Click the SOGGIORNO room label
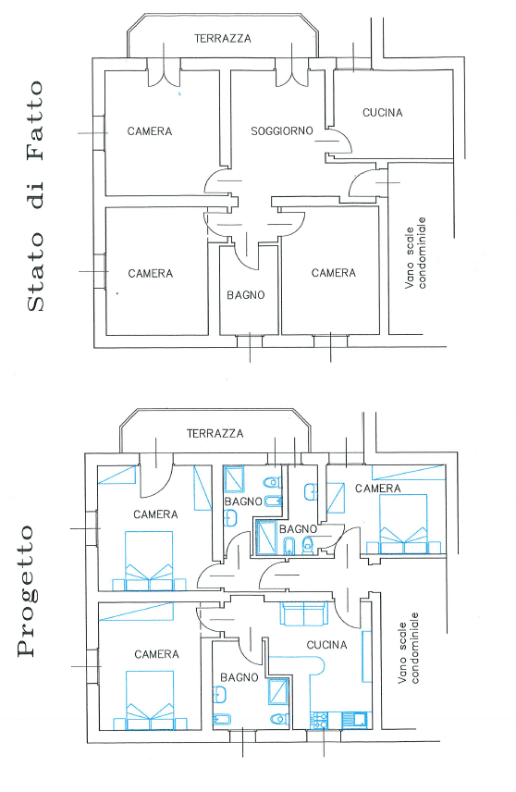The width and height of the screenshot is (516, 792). pyautogui.click(x=282, y=131)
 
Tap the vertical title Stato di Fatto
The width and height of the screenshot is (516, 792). pyautogui.click(x=35, y=196)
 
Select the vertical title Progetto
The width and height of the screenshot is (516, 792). pyautogui.click(x=26, y=591)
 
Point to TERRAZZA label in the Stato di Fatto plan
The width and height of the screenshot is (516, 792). pyautogui.click(x=223, y=38)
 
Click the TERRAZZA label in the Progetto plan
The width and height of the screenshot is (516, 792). pyautogui.click(x=215, y=433)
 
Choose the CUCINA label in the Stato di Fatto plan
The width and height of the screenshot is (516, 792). pyautogui.click(x=383, y=113)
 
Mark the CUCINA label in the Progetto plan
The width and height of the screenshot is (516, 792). pyautogui.click(x=327, y=645)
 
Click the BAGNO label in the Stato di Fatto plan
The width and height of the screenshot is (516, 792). pyautogui.click(x=246, y=295)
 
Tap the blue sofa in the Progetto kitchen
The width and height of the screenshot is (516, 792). pyautogui.click(x=303, y=613)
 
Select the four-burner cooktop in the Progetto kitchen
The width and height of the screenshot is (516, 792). pyautogui.click(x=319, y=720)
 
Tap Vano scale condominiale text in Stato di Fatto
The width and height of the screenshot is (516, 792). pyautogui.click(x=415, y=254)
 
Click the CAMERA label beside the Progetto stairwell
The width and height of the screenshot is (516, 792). pyautogui.click(x=377, y=489)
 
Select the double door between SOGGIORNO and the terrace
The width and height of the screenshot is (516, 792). pyautogui.click(x=291, y=73)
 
